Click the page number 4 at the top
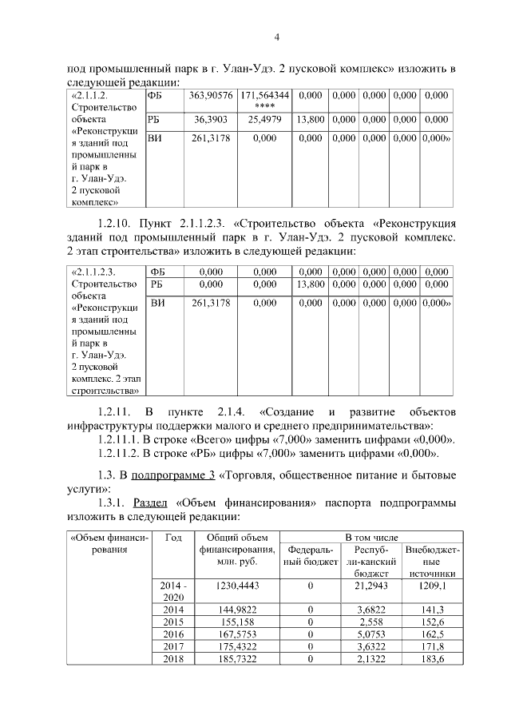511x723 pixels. click(276, 37)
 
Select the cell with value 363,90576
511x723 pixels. click(211, 96)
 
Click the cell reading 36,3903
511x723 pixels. click(211, 120)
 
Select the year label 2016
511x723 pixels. click(172, 634)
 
